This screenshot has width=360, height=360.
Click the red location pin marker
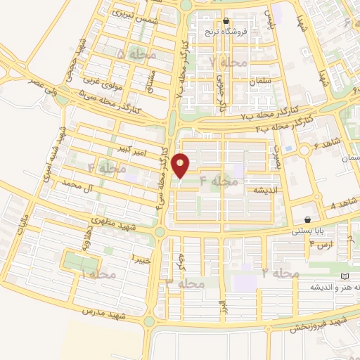tap(181, 166)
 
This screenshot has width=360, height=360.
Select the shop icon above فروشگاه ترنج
tap(226, 20)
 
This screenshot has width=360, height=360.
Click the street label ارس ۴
tap(323, 243)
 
